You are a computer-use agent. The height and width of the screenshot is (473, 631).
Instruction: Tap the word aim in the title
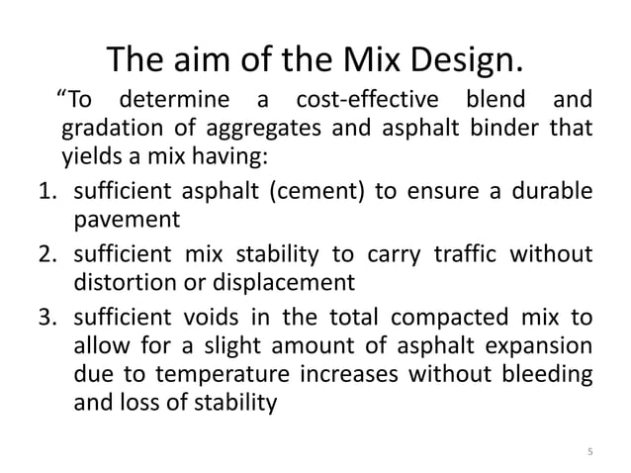pos(195,60)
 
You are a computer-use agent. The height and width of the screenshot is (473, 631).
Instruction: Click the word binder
pos(496,130)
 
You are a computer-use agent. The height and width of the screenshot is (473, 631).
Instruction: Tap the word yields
pos(87,156)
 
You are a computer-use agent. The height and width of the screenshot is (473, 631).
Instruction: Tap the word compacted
pos(437,320)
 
